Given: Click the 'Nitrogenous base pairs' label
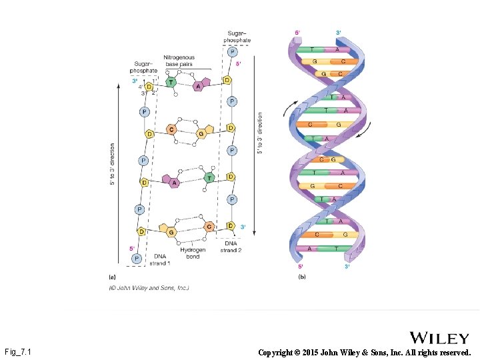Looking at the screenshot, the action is (x=179, y=61).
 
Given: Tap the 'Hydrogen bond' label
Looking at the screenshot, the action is (x=192, y=253).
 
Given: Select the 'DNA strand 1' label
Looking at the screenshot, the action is (x=160, y=259).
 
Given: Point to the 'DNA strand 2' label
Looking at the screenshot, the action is (x=231, y=247).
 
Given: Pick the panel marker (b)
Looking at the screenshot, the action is (x=302, y=276).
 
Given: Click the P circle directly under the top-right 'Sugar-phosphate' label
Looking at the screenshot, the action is (x=232, y=52).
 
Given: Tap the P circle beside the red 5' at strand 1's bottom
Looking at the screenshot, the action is (x=136, y=258).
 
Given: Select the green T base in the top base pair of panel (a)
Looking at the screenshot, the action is (x=171, y=83).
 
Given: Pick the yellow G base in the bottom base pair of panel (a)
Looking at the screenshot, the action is (x=171, y=231).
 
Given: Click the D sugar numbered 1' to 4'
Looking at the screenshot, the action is (x=149, y=87).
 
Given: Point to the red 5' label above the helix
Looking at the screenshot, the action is (x=297, y=32).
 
